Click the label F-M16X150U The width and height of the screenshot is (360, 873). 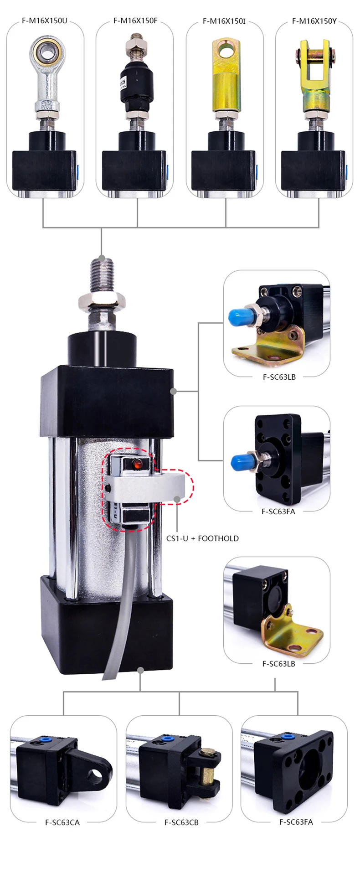[x=45, y=21]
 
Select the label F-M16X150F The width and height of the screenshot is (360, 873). [x=135, y=21]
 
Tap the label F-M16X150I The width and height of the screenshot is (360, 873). [x=224, y=21]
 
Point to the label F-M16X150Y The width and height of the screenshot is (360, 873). [x=314, y=21]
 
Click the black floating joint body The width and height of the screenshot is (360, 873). [x=134, y=84]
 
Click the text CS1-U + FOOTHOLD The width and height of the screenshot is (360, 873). [x=202, y=538]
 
